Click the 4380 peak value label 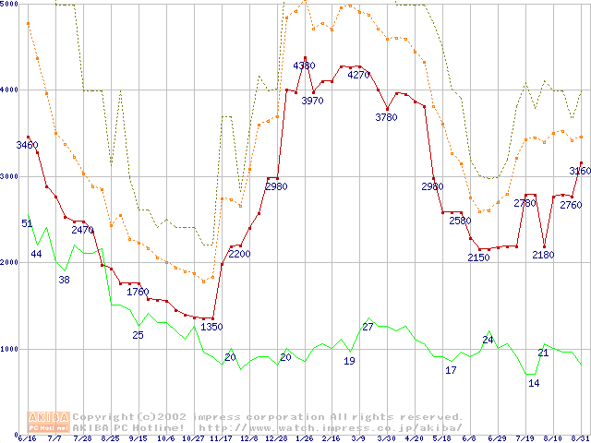pos(304,66)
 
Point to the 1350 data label pos(211,327)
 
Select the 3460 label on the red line pos(28,145)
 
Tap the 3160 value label pos(579,171)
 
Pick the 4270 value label pos(358,75)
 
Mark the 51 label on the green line pos(27,223)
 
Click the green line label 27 pos(368,327)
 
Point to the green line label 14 pos(534,383)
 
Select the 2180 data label pos(543,255)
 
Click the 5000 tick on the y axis pos(9,5)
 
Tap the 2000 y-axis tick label pos(9,263)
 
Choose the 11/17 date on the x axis pos(222,438)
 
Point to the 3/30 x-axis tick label pos(386,438)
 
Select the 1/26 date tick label pos(304,438)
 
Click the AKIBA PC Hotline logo pos(49,422)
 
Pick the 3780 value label pos(386,117)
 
